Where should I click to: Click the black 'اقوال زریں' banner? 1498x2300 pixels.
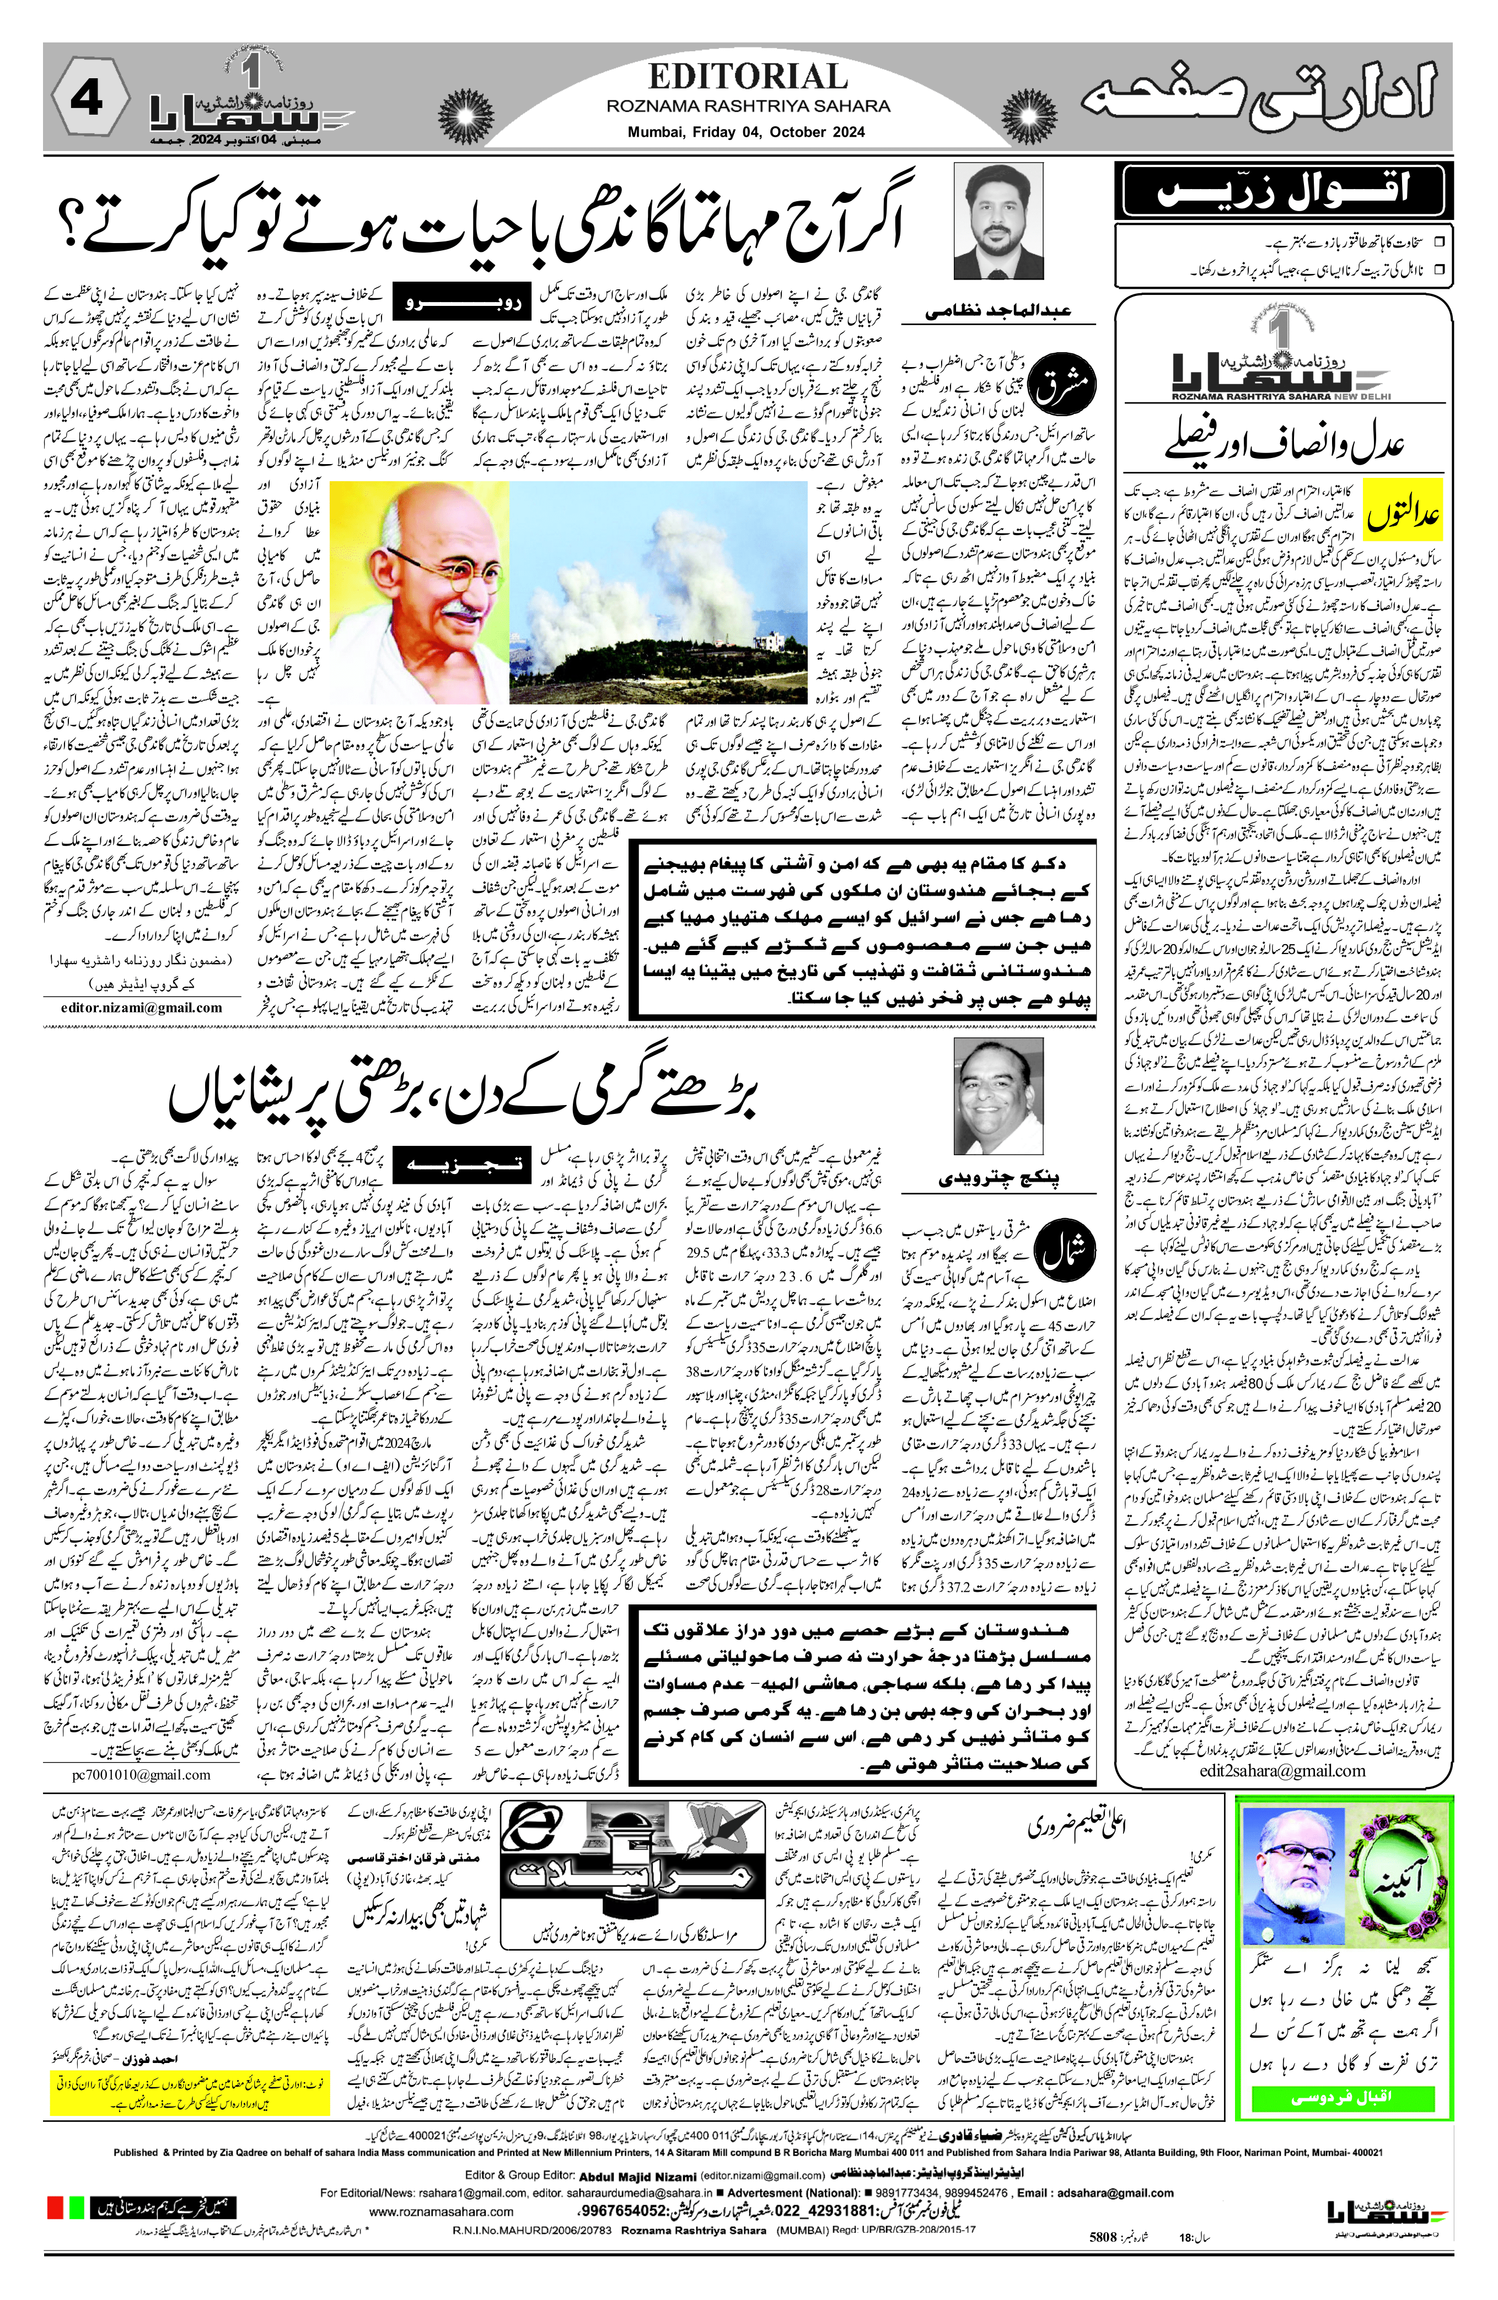(1282, 190)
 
